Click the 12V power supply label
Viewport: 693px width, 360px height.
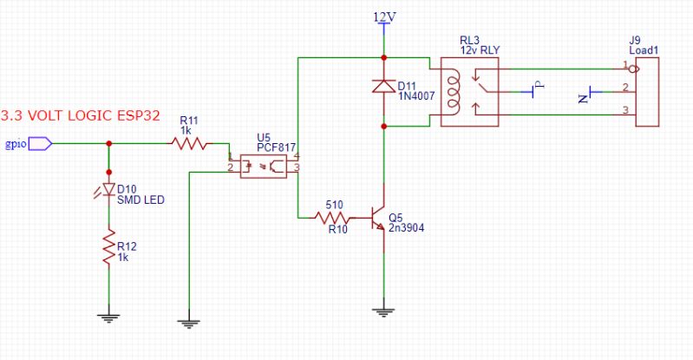[383, 16]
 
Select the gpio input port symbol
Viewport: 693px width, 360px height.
[40, 144]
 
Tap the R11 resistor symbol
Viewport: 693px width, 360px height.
[190, 144]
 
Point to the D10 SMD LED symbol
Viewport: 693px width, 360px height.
[109, 189]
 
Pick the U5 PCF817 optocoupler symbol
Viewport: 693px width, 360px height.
[265, 165]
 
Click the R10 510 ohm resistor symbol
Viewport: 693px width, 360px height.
[334, 218]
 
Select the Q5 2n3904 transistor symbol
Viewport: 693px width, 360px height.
[378, 218]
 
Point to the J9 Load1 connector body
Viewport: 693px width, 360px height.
[647, 92]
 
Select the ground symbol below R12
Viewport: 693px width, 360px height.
[109, 317]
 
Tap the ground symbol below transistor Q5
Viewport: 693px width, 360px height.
[383, 310]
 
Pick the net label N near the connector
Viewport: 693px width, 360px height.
[582, 97]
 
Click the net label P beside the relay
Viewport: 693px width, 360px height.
[536, 85]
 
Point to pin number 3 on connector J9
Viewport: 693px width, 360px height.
[624, 110]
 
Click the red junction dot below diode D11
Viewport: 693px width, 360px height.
[383, 126]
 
